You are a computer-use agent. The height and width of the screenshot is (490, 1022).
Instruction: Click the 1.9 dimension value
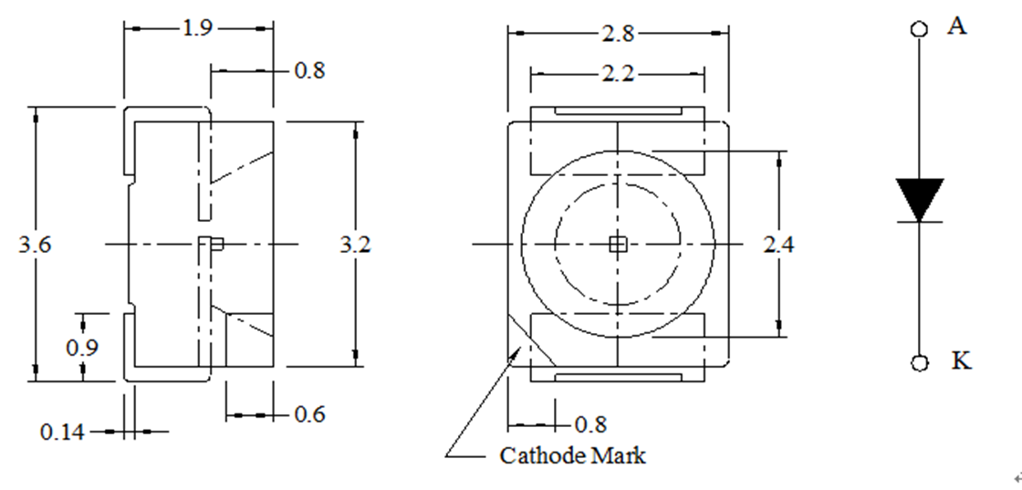pos(197,28)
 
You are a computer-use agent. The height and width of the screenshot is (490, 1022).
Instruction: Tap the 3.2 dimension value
pos(356,245)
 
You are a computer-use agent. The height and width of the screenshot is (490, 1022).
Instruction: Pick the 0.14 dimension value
pos(62,432)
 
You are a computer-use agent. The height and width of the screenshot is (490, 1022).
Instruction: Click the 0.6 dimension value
pos(309,415)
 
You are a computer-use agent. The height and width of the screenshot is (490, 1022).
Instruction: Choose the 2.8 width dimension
pos(618,34)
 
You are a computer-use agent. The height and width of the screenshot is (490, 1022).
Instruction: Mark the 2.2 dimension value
pos(618,74)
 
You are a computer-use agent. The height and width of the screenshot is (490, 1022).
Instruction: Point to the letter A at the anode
pos(956,26)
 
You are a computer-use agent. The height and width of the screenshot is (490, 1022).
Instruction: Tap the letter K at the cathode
pos(961,361)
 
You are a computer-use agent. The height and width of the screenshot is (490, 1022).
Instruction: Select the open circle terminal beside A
pos(919,28)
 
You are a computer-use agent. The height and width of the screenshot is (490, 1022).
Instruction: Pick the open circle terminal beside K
pos(919,363)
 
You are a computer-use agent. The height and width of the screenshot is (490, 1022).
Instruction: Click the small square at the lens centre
pos(618,244)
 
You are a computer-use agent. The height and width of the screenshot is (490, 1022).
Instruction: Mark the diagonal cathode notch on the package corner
pos(532,339)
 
